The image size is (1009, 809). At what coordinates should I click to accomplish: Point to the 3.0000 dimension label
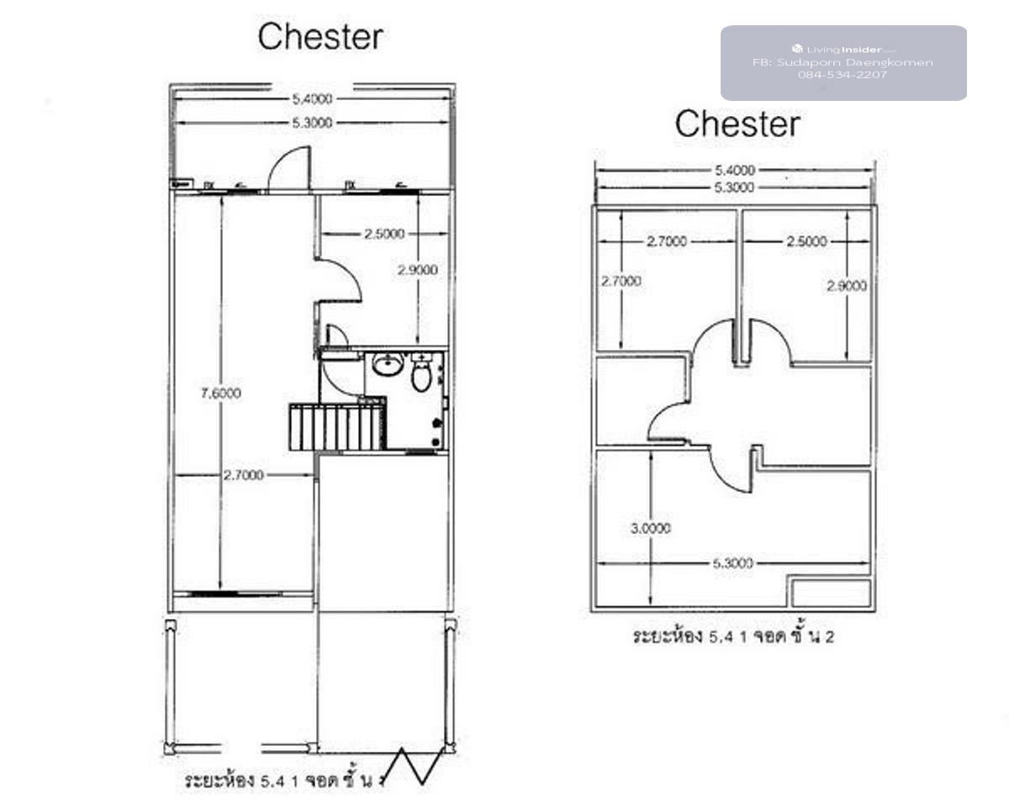(651, 528)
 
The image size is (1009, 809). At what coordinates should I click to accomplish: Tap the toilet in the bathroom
(421, 375)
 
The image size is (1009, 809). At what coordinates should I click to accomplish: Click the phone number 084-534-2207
(843, 75)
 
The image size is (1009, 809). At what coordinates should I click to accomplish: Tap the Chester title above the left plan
(320, 37)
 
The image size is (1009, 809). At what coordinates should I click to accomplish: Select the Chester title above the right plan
(737, 124)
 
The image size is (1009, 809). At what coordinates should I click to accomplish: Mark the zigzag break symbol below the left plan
(418, 765)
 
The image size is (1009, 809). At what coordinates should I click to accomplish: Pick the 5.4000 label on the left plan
(312, 98)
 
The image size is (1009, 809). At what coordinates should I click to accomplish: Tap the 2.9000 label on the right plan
(847, 286)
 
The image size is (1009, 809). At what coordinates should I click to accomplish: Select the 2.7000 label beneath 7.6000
(243, 475)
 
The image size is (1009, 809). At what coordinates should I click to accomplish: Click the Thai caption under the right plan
(733, 637)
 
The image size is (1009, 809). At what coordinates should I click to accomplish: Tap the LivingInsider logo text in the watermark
(843, 50)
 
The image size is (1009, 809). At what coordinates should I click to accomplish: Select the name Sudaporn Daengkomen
(843, 62)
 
